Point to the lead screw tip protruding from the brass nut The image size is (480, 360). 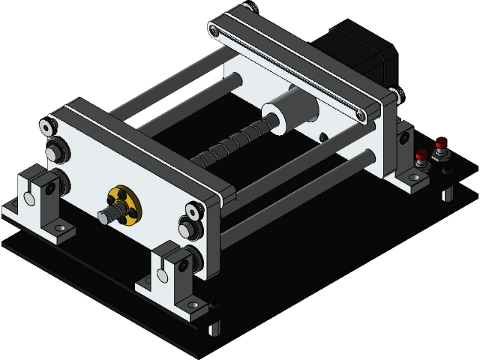point(104,217)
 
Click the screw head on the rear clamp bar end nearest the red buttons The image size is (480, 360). point(361,115)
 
